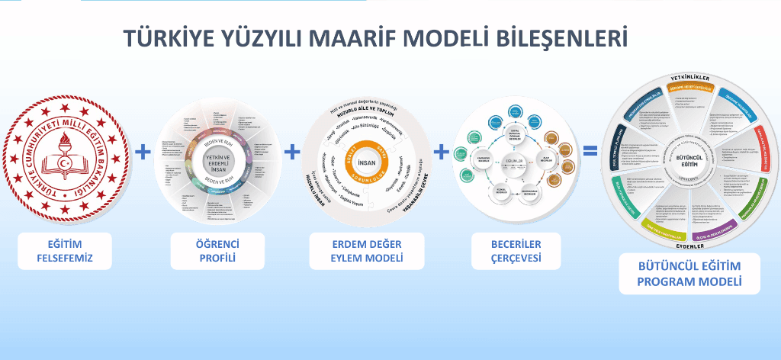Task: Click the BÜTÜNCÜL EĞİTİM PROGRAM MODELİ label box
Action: tap(689, 274)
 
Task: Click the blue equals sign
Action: tap(590, 151)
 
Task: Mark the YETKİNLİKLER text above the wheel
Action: tap(689, 79)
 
